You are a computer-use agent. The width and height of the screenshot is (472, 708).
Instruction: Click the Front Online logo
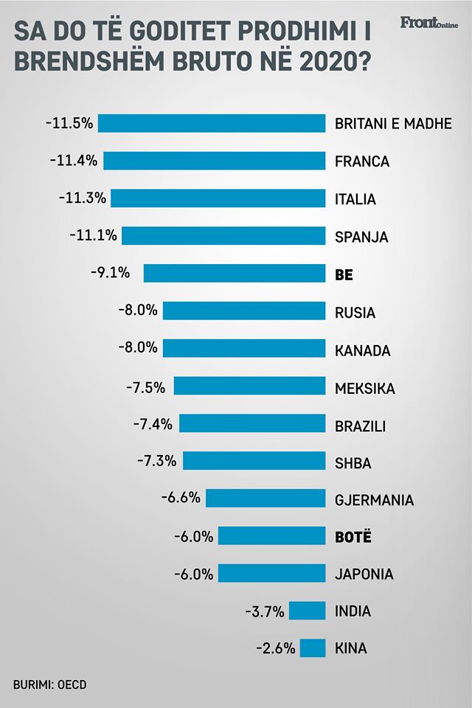tap(428, 23)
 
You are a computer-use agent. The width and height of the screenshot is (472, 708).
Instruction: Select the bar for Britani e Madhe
tap(212, 123)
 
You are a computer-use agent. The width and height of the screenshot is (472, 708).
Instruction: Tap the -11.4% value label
tap(74, 161)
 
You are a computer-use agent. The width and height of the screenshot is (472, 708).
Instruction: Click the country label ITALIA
tap(355, 199)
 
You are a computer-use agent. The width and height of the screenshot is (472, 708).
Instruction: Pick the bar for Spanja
tap(223, 236)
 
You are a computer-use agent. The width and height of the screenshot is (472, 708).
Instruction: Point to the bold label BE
tap(344, 274)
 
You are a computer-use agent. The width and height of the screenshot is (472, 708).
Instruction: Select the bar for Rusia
tap(244, 311)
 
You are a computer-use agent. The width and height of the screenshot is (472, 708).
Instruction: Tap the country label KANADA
tap(362, 350)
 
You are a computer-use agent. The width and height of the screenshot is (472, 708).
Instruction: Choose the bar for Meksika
tap(249, 386)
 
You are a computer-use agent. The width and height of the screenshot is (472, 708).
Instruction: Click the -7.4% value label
tap(153, 424)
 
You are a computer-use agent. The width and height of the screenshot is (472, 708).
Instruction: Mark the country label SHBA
tap(353, 463)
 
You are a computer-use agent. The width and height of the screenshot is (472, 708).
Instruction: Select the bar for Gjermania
tap(265, 499)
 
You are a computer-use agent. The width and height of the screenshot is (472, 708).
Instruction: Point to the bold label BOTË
tap(353, 537)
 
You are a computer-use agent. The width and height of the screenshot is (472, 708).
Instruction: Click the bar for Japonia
tap(271, 573)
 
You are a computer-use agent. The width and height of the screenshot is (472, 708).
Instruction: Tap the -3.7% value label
tap(264, 611)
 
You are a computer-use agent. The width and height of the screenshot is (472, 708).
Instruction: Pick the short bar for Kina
tap(313, 648)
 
